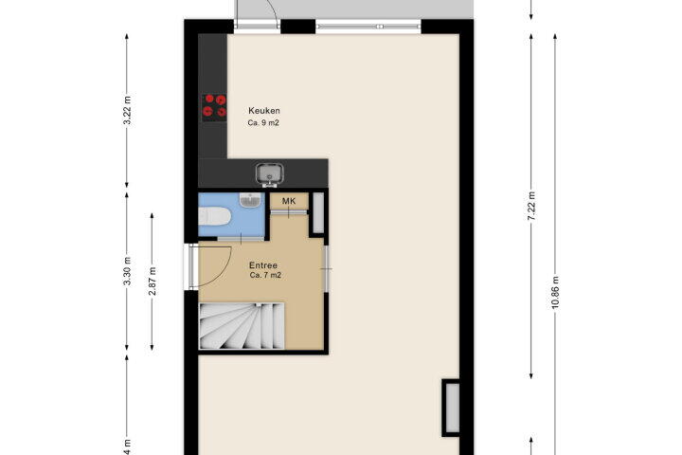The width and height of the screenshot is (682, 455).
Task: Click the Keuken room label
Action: (x=264, y=111)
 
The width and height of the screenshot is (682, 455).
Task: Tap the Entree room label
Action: (x=263, y=265)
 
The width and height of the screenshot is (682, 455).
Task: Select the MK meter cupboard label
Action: (x=289, y=201)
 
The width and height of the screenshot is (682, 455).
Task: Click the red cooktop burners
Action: (x=214, y=106)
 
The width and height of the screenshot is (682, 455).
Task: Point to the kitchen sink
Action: (x=270, y=173)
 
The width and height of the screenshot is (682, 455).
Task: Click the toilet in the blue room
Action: (x=215, y=216)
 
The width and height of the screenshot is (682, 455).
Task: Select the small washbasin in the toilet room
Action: (x=250, y=199)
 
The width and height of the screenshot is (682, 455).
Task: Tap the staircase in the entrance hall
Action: (x=242, y=326)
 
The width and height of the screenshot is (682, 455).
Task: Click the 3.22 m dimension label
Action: (x=127, y=110)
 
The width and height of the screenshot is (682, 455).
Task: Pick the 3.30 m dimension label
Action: (x=127, y=271)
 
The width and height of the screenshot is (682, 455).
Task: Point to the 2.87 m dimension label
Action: (x=153, y=281)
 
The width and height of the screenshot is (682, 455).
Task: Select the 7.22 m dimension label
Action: (x=531, y=206)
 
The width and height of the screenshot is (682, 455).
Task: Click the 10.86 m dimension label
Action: (x=555, y=293)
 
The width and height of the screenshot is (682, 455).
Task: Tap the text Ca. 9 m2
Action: (x=263, y=123)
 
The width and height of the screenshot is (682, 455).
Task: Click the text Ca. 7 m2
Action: (x=265, y=275)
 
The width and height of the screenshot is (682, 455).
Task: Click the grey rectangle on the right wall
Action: (x=452, y=408)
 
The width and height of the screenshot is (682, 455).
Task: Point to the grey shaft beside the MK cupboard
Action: (x=318, y=213)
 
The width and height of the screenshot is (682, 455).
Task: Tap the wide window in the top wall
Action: (x=368, y=27)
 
